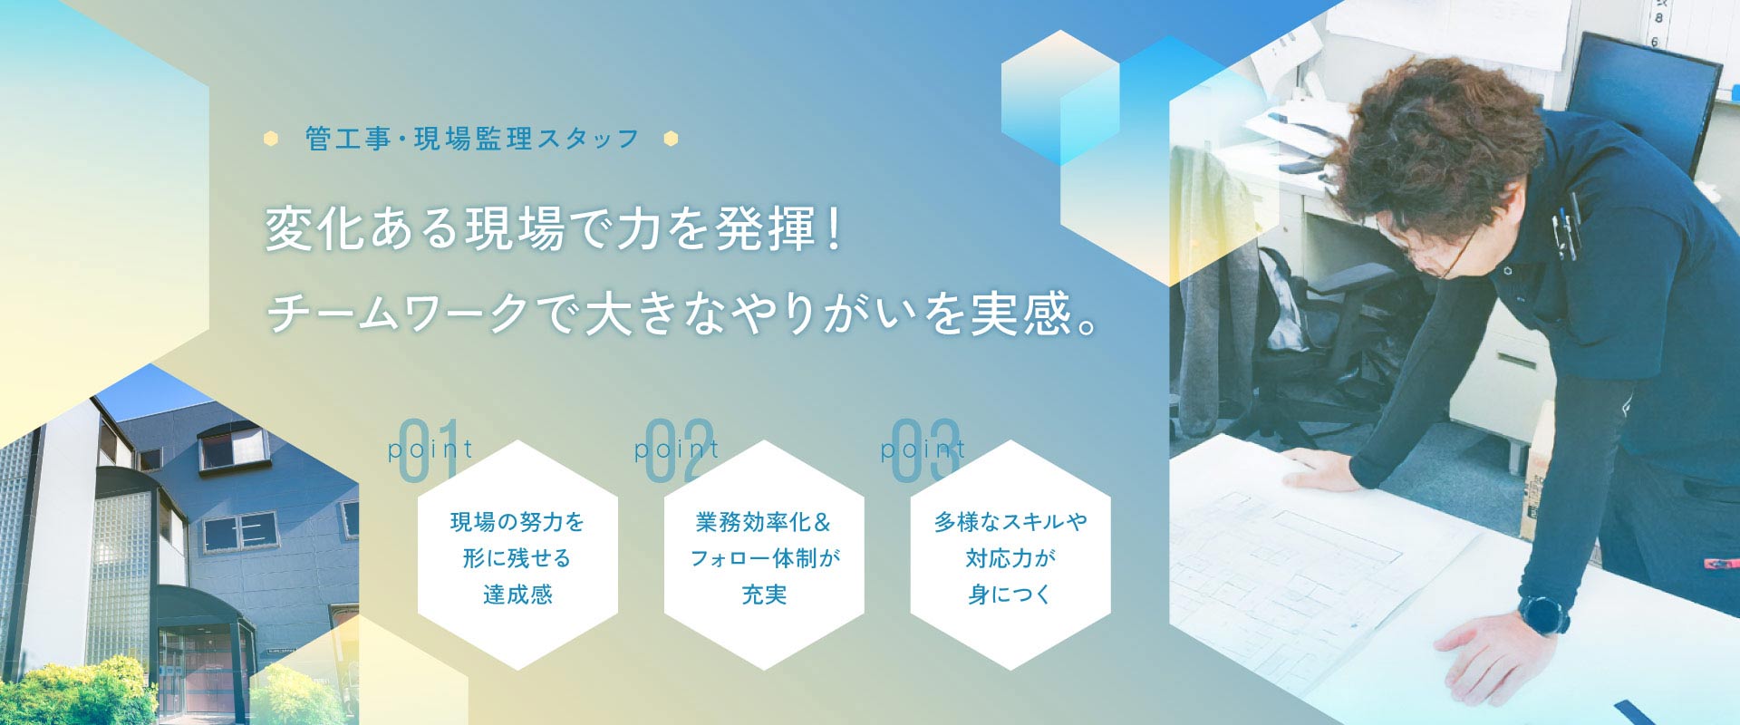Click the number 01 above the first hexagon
(x=428, y=450)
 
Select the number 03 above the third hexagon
(x=925, y=450)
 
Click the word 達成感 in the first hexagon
(x=517, y=594)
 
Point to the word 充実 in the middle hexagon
(x=764, y=594)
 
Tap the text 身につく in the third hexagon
(x=1010, y=594)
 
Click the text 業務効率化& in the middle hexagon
(x=763, y=522)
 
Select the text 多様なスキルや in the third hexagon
(x=1010, y=522)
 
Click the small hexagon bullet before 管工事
(x=271, y=139)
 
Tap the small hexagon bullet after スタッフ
(x=671, y=139)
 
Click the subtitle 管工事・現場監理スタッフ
(x=472, y=139)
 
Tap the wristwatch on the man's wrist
(x=1543, y=614)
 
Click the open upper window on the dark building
(x=233, y=446)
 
